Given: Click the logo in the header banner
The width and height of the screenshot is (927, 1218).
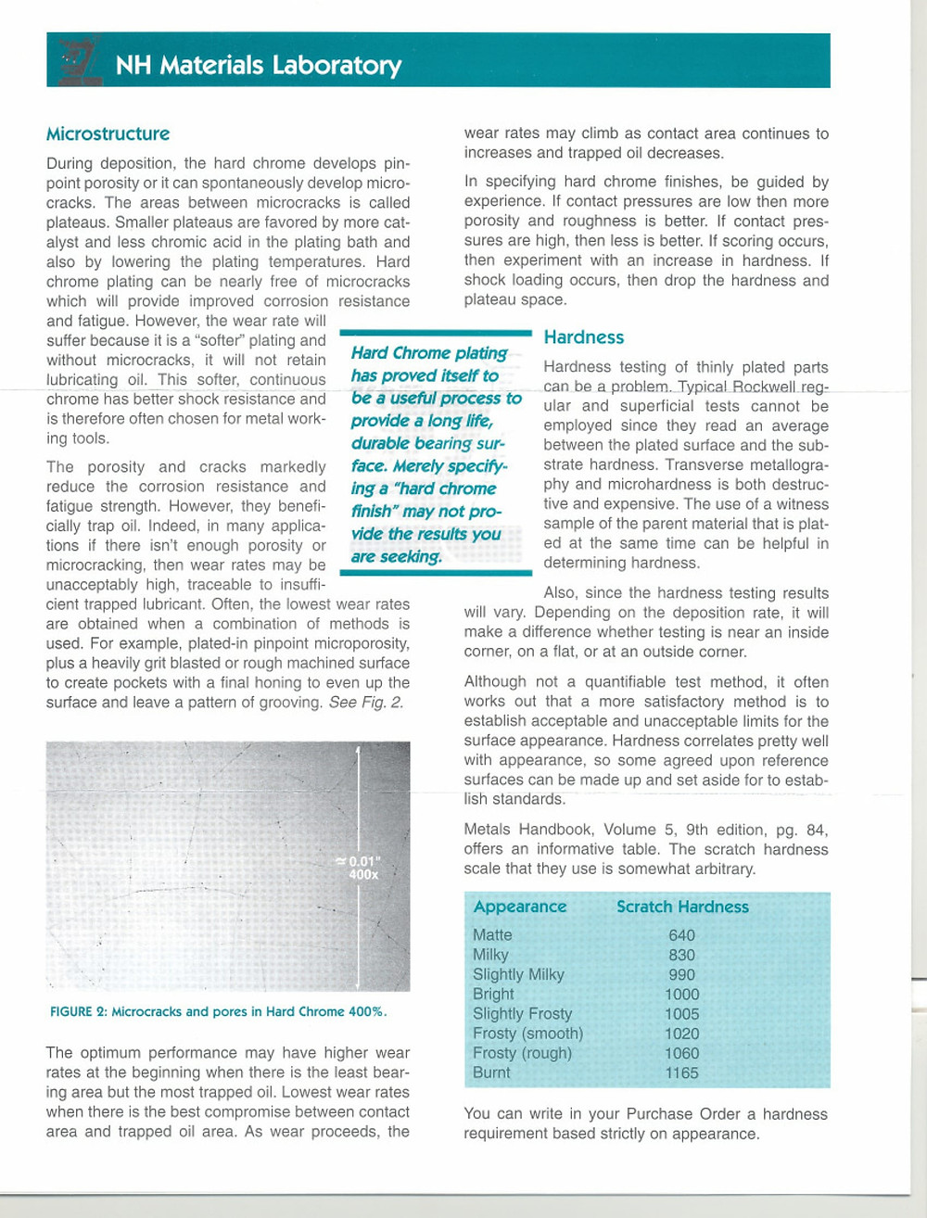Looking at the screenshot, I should pos(79,61).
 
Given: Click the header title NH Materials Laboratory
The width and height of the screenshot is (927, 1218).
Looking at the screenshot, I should pos(258,65).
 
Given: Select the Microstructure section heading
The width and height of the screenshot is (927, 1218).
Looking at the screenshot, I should pos(108,133).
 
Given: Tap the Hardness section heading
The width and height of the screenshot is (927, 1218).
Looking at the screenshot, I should pos(583,337).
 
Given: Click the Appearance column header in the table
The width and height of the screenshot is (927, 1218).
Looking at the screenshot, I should pos(519,907).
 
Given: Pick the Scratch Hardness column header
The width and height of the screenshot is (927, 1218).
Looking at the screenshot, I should pos(682,907).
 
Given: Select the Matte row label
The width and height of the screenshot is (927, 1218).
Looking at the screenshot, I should pos(492,935).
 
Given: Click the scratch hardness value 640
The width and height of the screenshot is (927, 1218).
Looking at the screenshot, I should pos(681,935).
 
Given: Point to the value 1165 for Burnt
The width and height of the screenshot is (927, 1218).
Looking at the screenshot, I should pos(681,1072).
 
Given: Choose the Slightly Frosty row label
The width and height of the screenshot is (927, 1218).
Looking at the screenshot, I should pos(522,1014).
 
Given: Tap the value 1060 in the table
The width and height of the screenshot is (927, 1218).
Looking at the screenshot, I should pos(681,1053).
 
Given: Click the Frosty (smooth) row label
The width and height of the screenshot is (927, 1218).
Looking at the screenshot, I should pos(527,1034).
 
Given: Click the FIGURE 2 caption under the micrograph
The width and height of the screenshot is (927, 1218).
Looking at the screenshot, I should pos(218,1011).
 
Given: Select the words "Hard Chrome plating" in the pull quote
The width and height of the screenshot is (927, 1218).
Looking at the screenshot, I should pos(428,353).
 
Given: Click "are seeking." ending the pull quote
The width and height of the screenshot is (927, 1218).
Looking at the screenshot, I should pos(396,556).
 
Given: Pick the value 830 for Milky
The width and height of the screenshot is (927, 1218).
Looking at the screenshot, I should pos(681,955).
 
